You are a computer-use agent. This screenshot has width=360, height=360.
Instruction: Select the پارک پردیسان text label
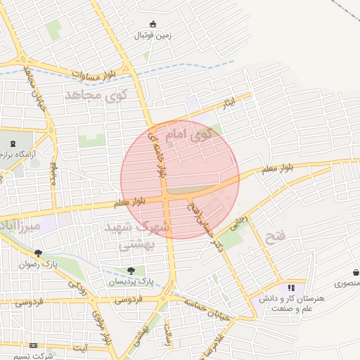click(130, 281)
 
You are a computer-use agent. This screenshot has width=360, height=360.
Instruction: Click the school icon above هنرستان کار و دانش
click(291, 288)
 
